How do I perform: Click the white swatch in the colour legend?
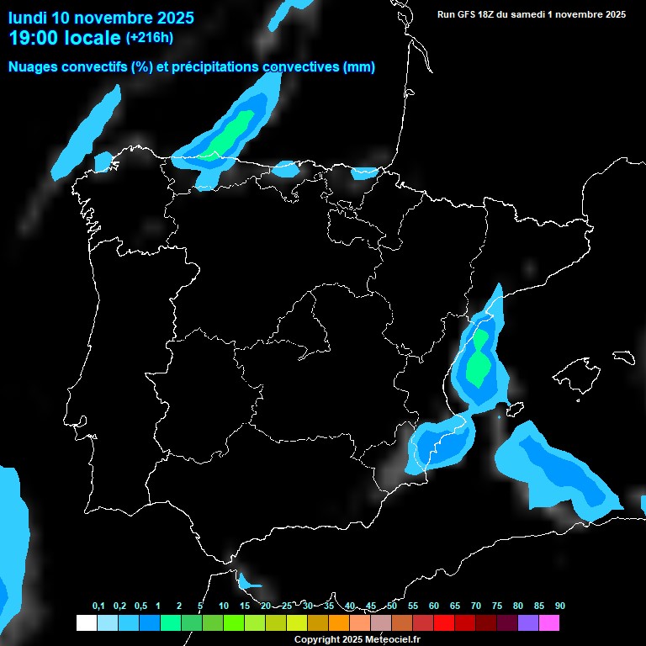pos(86,622)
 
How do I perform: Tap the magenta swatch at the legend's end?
pos(549,622)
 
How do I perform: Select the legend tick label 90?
pos(560,606)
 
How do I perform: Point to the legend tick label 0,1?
pos(98,606)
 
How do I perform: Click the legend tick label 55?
pos(413,606)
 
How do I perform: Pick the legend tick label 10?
pos(224,606)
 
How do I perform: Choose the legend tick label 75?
pos(497,606)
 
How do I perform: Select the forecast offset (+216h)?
pos(150,38)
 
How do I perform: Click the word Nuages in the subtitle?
pos(34,67)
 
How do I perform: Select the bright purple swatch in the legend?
pos(528,622)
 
